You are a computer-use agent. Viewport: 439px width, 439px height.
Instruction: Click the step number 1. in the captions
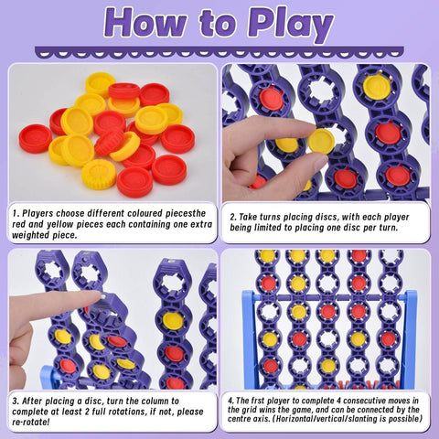tap(16, 212)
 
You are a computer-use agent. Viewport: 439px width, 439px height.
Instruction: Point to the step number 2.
tap(233, 217)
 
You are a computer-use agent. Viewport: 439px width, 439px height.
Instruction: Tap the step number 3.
tap(16, 400)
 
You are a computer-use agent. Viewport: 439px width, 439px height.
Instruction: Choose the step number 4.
tap(232, 400)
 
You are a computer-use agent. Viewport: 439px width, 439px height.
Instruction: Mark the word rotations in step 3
tap(135, 411)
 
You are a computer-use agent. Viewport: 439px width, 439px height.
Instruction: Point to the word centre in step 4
tap(250, 422)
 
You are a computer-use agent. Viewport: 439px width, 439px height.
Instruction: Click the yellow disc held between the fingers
tap(320, 141)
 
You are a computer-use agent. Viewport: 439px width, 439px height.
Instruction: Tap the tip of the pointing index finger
tap(96, 297)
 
